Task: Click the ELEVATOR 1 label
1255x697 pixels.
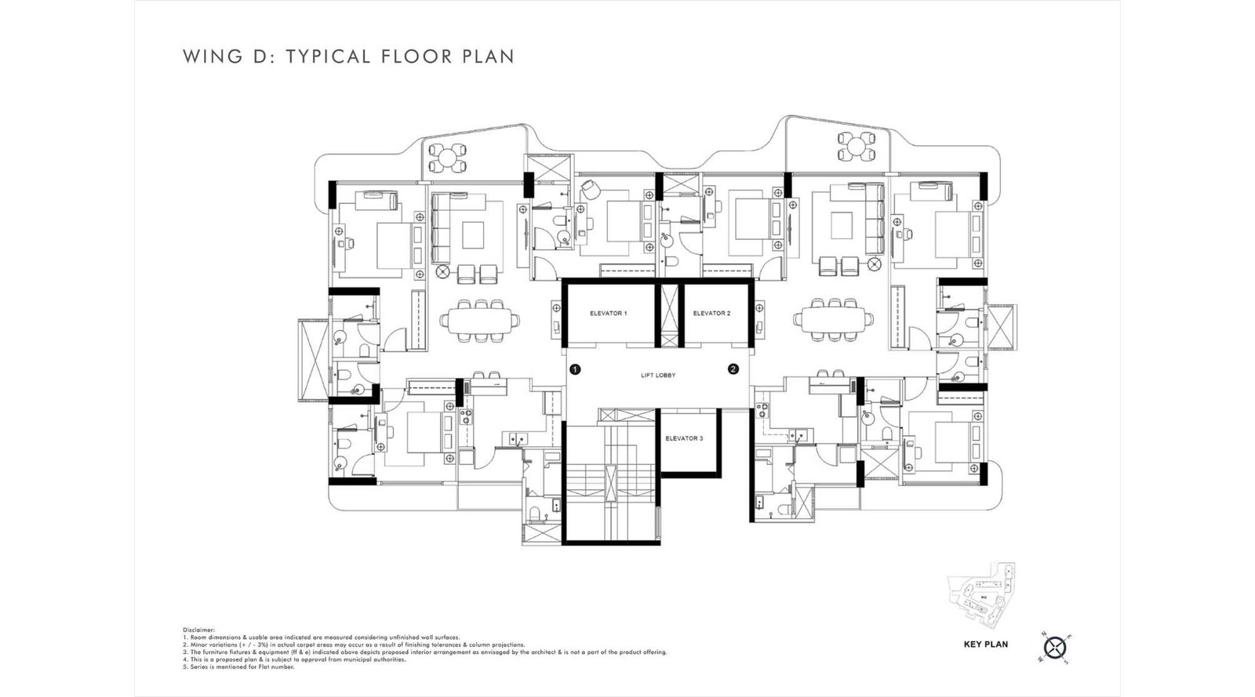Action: click(x=608, y=314)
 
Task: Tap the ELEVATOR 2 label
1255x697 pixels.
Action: click(x=711, y=314)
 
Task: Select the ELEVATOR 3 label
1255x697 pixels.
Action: click(x=684, y=438)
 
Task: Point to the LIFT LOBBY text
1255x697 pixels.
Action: click(x=657, y=376)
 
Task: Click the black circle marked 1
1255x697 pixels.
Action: click(x=575, y=368)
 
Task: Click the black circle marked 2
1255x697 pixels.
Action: click(x=733, y=368)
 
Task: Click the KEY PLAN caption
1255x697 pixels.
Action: click(x=986, y=644)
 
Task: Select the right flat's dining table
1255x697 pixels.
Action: click(x=833, y=319)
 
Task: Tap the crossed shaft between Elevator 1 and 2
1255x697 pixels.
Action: click(x=670, y=314)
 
